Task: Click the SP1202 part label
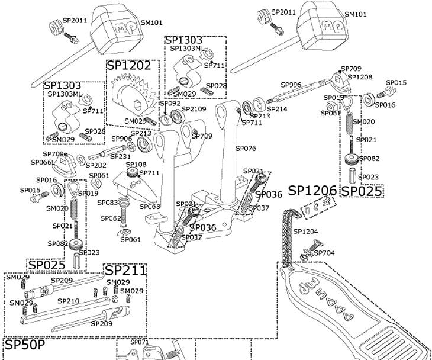tap(129, 66)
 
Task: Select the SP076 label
tap(246, 149)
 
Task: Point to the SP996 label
tap(291, 85)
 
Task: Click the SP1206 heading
tap(312, 191)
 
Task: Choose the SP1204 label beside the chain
tap(305, 232)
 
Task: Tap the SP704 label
tap(324, 253)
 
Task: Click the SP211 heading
tap(125, 270)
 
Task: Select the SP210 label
tap(68, 301)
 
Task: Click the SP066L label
tap(43, 162)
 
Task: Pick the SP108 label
tap(136, 164)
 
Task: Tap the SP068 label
tap(150, 206)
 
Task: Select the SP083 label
tap(107, 202)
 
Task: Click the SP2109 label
tap(194, 109)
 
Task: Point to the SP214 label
tap(277, 109)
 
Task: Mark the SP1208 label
tap(360, 78)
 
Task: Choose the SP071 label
tap(139, 342)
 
